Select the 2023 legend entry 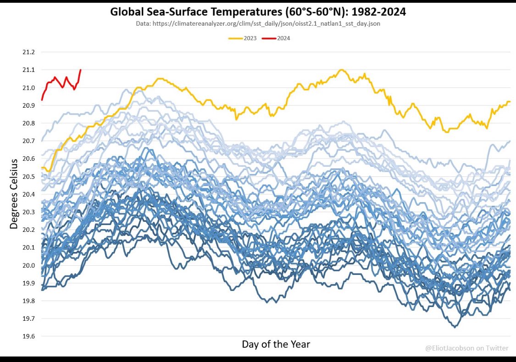coord(243,38)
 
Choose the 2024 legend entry coord(276,38)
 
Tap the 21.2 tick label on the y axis coord(28,52)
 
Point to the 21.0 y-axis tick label coord(28,88)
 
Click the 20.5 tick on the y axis coord(28,176)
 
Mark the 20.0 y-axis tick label coord(28,265)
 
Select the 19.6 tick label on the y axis coord(28,336)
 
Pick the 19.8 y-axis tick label coord(28,301)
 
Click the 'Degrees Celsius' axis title coord(13,194)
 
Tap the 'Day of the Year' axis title coord(276,344)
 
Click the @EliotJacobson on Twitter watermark coord(466,348)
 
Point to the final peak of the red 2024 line coord(81,70)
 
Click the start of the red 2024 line coord(42,100)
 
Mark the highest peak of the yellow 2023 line coord(342,70)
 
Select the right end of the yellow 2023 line coord(510,102)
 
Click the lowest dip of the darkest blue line coord(455,327)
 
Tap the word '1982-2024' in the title coord(379,12)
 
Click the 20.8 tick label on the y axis coord(28,123)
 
